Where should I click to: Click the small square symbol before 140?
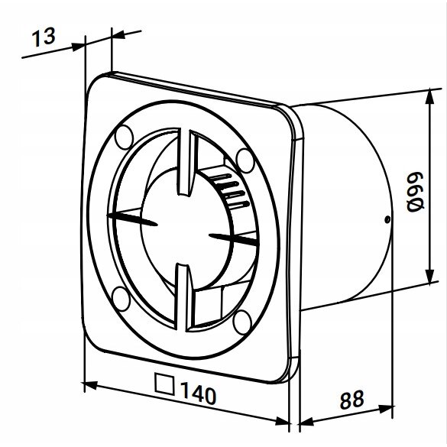(162, 382)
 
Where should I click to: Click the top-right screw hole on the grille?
(245, 158)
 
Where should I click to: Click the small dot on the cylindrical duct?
(388, 222)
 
